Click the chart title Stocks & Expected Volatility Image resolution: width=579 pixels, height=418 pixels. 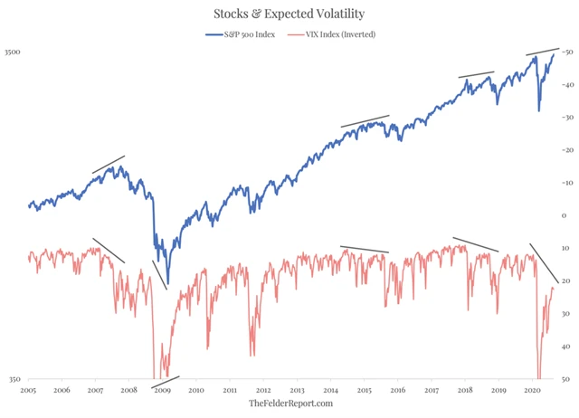[x=289, y=14]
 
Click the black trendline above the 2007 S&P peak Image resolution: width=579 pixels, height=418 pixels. [x=108, y=164]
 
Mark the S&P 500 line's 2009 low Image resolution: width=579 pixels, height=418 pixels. [x=167, y=280]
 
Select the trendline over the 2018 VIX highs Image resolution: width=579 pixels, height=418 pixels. [x=475, y=244]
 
